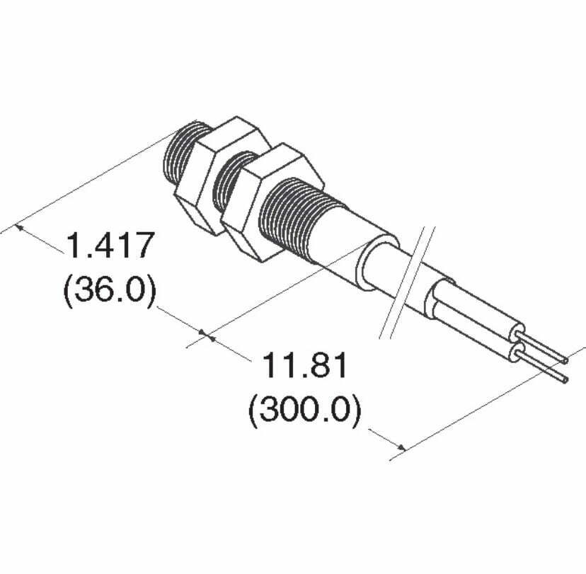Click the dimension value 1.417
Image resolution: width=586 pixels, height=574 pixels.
click(x=110, y=245)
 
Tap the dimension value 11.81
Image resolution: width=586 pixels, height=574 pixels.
click(x=304, y=365)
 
